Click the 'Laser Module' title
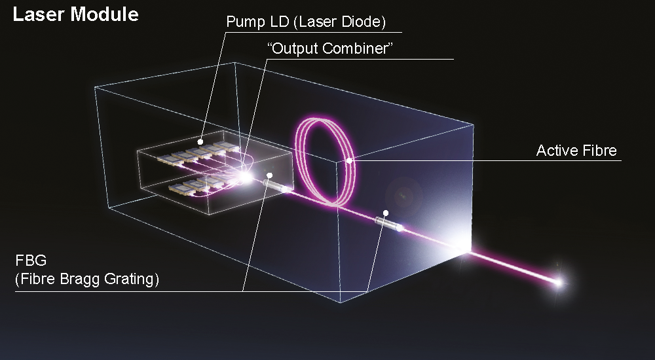pyautogui.click(x=75, y=15)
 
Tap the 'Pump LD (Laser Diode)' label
pyautogui.click(x=306, y=22)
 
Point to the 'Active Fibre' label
pyautogui.click(x=576, y=151)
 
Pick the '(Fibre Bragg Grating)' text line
pyautogui.click(x=87, y=281)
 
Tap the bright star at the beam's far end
pyautogui.click(x=559, y=283)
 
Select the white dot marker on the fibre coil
pyautogui.click(x=349, y=160)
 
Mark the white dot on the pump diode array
pyautogui.click(x=200, y=141)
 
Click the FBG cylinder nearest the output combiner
pyautogui.click(x=278, y=186)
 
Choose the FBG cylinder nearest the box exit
pyautogui.click(x=388, y=225)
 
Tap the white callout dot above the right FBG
pyautogui.click(x=386, y=213)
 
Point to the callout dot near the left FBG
pyautogui.click(x=269, y=175)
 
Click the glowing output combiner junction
pyautogui.click(x=246, y=175)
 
